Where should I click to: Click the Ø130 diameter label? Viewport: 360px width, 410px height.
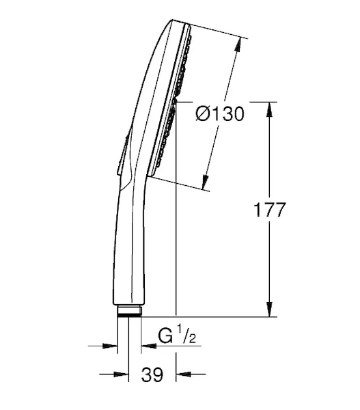point(220,114)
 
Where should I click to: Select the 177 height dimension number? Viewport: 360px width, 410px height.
point(270,210)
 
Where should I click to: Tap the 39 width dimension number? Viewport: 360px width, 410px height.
point(152,374)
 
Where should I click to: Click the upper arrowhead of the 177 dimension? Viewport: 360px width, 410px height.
point(270,109)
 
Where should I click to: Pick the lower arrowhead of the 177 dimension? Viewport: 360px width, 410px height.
point(270,309)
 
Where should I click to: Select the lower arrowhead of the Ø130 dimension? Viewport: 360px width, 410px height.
point(206,181)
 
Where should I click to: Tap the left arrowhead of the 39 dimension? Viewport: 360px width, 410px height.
point(121,374)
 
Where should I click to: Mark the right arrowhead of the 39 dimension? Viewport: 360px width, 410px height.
point(184,374)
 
